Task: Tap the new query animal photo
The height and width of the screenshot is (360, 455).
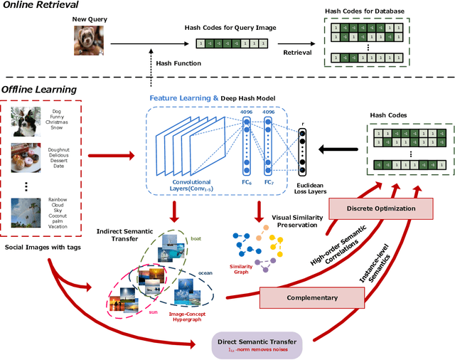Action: tap(90, 41)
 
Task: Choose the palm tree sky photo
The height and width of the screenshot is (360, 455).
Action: tap(28, 213)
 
